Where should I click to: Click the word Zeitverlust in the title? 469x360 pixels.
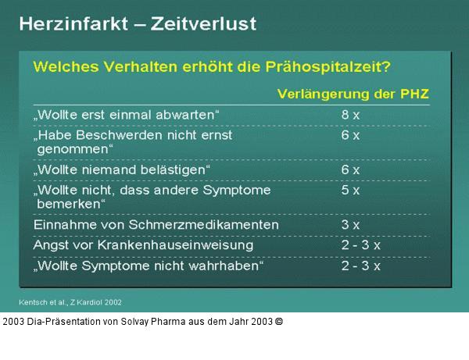pos(207,24)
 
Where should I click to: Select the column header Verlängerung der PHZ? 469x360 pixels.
pos(353,94)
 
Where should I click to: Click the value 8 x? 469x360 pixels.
pos(350,115)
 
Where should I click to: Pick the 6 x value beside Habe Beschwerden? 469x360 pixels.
pos(350,135)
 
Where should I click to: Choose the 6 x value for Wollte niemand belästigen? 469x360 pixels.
pos(350,169)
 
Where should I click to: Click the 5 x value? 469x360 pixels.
pos(350,190)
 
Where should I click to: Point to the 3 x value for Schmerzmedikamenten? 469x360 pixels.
pos(350,225)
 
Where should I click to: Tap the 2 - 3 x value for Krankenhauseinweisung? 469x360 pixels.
pos(361,245)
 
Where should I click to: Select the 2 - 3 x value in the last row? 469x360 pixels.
pos(361,266)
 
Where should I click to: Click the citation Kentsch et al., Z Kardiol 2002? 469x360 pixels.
pos(70,301)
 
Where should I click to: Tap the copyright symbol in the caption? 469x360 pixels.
pos(279,321)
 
